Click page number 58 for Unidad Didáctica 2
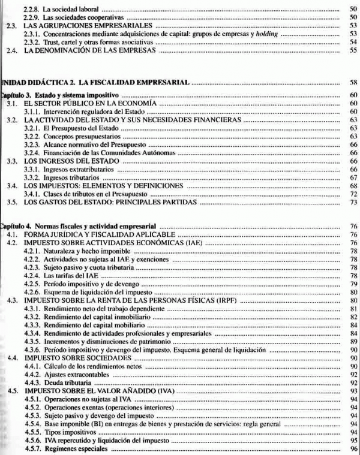(353, 80)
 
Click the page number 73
(353, 203)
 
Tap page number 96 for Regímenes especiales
(353, 448)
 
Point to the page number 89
(353, 341)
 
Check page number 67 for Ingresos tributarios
(353, 178)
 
